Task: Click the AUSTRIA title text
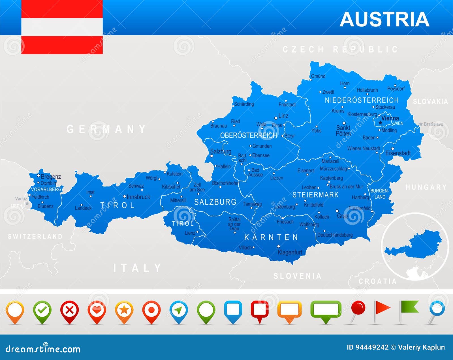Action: click(x=384, y=19)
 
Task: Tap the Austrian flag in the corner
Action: click(x=62, y=27)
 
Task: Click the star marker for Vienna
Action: click(x=380, y=123)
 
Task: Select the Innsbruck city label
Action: click(x=138, y=197)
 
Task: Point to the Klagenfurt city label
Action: click(x=290, y=252)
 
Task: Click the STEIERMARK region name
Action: click(x=315, y=195)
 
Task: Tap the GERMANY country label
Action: click(x=106, y=129)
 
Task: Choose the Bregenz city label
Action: click(x=51, y=177)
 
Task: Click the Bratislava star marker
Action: click(x=421, y=124)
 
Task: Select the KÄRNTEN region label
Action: click(x=271, y=237)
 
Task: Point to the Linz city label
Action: click(x=283, y=116)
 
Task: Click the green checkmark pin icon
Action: click(x=42, y=311)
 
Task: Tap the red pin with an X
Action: click(x=69, y=311)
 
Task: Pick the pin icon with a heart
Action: click(x=97, y=311)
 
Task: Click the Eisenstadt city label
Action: click(x=398, y=153)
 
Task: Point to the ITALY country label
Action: click(x=137, y=268)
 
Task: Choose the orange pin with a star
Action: click(x=124, y=311)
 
